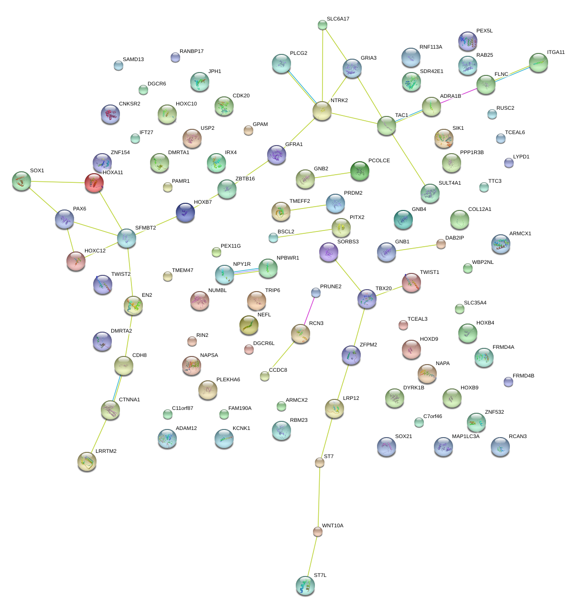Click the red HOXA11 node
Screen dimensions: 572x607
click(x=94, y=183)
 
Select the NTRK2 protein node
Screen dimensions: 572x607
click(x=322, y=111)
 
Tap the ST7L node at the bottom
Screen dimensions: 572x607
click(x=305, y=586)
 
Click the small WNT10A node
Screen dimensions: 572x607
click(x=317, y=531)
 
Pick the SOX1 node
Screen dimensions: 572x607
click(x=21, y=181)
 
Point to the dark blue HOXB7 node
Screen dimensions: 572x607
click(x=185, y=212)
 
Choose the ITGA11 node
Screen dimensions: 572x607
click(x=539, y=63)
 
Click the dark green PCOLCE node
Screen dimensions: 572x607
click(x=360, y=171)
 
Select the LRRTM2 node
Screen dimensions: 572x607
click(x=87, y=461)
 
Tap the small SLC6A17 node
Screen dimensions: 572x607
click(x=323, y=25)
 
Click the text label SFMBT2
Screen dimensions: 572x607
click(x=145, y=228)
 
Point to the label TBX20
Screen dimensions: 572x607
click(x=383, y=289)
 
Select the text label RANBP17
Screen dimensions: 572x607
click(x=192, y=52)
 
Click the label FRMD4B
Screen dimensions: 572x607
click(x=523, y=376)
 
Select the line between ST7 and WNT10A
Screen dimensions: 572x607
click(x=319, y=496)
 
